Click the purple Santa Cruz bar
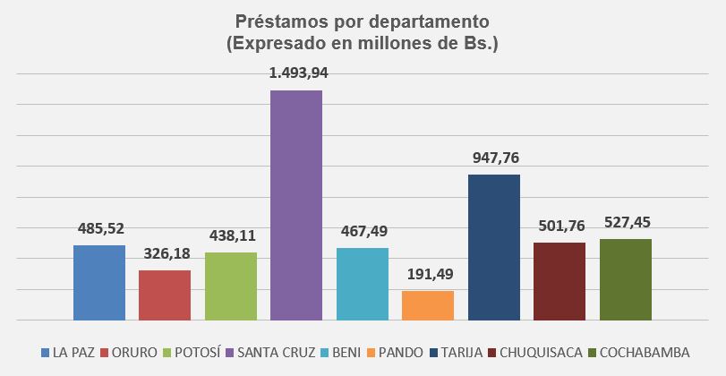pyautogui.click(x=296, y=205)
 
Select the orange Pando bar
pyautogui.click(x=428, y=305)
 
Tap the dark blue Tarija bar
pyautogui.click(x=494, y=247)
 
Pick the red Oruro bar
pyautogui.click(x=165, y=295)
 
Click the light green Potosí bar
pyautogui.click(x=231, y=286)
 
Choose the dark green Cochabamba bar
pyautogui.click(x=626, y=279)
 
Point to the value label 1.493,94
pyautogui.click(x=298, y=73)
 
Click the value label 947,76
pyautogui.click(x=495, y=158)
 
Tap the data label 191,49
pyautogui.click(x=429, y=274)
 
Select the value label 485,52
pyautogui.click(x=100, y=228)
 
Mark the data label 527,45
pyautogui.click(x=627, y=222)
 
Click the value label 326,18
pyautogui.click(x=166, y=253)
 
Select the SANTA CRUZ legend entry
pyautogui.click(x=273, y=352)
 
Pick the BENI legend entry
pyautogui.click(x=346, y=352)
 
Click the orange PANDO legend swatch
pyautogui.click(x=371, y=352)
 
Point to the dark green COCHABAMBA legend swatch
pyautogui.click(x=591, y=352)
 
